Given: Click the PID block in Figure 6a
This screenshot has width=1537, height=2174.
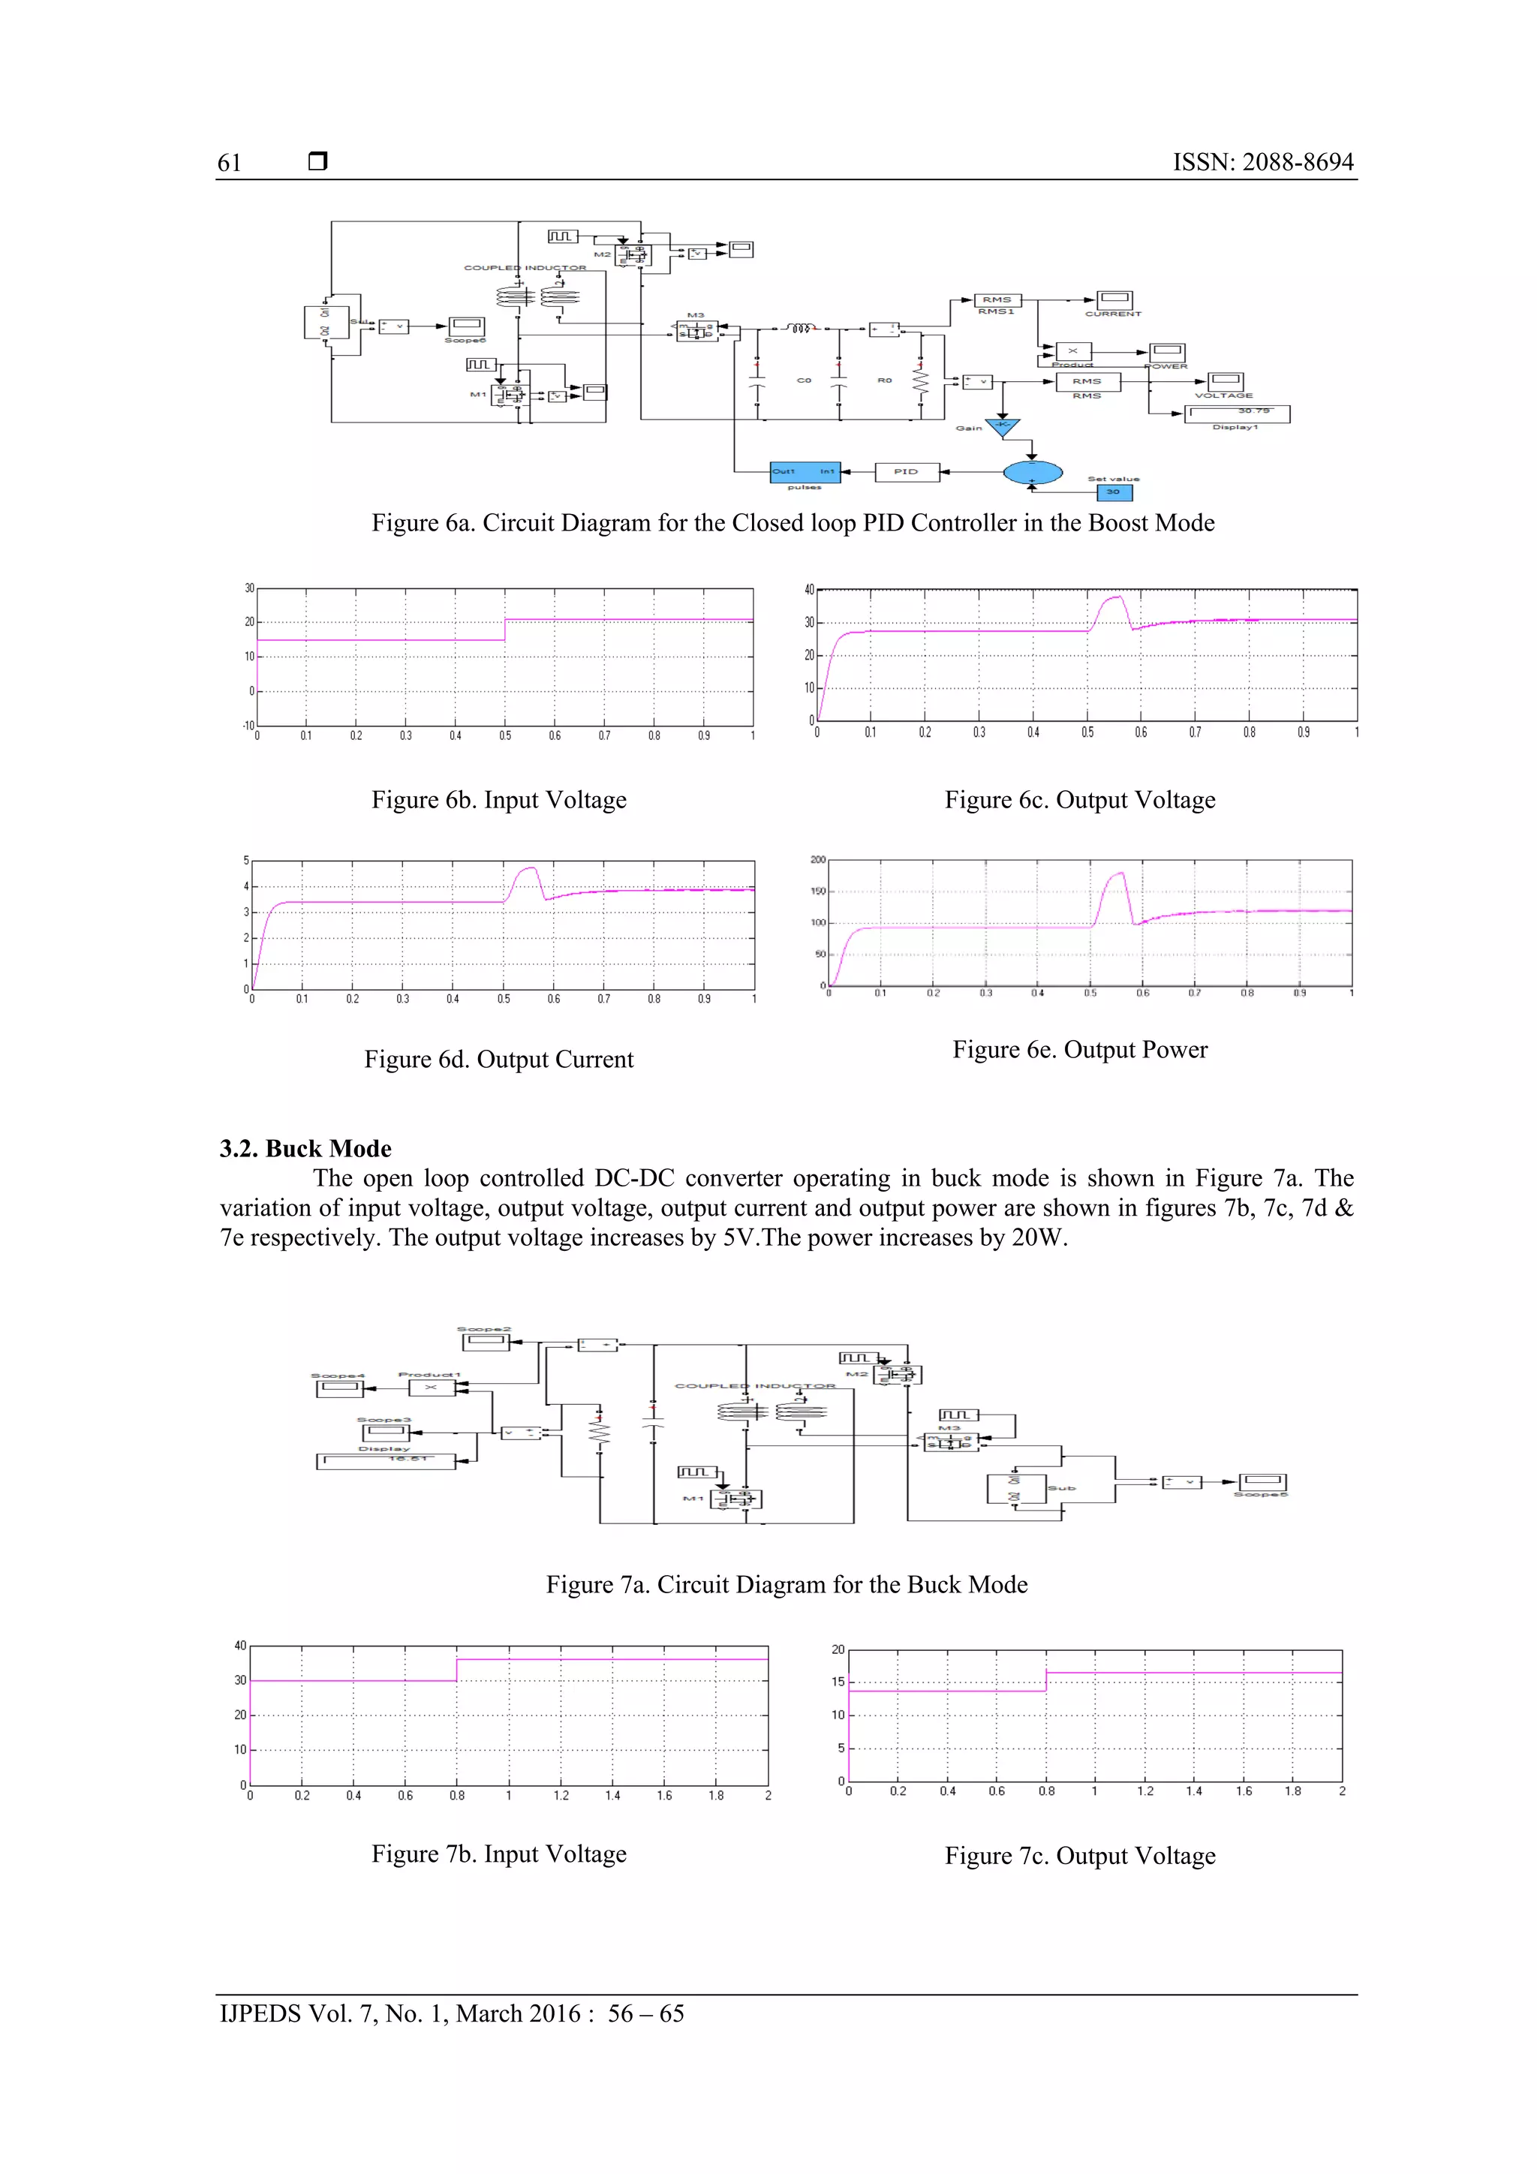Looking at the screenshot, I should (907, 471).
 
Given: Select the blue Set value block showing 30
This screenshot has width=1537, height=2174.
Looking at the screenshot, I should (1114, 492).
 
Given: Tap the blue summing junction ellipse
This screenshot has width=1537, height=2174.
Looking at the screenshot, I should (1032, 471).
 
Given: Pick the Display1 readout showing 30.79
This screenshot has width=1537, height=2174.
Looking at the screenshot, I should (1237, 413).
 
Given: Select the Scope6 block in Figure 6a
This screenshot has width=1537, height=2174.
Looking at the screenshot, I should (466, 326).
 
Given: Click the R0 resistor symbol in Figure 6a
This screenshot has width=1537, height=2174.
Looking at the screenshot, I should (919, 380).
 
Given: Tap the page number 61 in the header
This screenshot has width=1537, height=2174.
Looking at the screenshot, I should (229, 163).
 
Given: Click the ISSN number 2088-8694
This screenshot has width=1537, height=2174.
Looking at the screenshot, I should (1298, 162).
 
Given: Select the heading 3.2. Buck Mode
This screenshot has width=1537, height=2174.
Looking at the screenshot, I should (305, 1149).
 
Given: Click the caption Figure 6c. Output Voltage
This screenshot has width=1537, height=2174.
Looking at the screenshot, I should (1080, 800).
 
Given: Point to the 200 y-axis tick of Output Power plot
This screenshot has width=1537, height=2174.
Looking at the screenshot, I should (817, 860).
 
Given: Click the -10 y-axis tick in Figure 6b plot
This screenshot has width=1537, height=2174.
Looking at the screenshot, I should (248, 726).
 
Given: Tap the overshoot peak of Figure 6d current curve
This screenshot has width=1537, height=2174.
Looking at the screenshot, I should (531, 867).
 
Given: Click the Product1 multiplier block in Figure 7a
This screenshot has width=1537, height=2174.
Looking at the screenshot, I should (431, 1388).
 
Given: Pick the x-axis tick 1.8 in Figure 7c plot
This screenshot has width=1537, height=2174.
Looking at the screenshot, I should (1292, 1791).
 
